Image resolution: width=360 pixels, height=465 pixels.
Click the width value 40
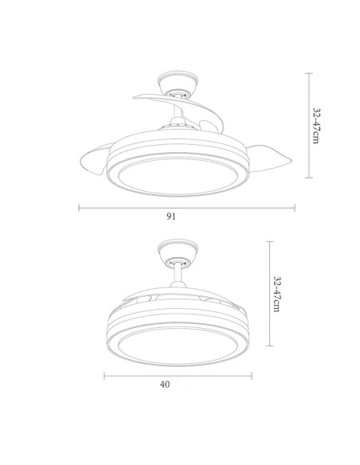point(165,384)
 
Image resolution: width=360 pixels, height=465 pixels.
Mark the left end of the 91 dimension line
point(78,208)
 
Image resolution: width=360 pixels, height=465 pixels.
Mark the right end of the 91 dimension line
point(295,208)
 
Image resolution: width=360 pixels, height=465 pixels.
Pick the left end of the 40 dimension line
point(103,374)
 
